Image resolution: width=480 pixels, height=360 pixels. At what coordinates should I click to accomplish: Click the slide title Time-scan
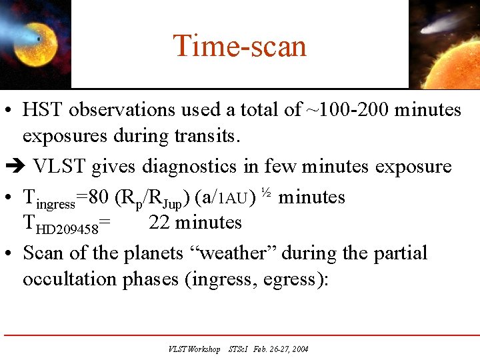click(240, 46)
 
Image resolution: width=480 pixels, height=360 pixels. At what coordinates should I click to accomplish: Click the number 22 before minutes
click(159, 223)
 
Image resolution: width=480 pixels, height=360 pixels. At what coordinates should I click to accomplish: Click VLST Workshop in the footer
click(194, 349)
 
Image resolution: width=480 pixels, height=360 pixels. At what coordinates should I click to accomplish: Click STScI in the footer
click(239, 349)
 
